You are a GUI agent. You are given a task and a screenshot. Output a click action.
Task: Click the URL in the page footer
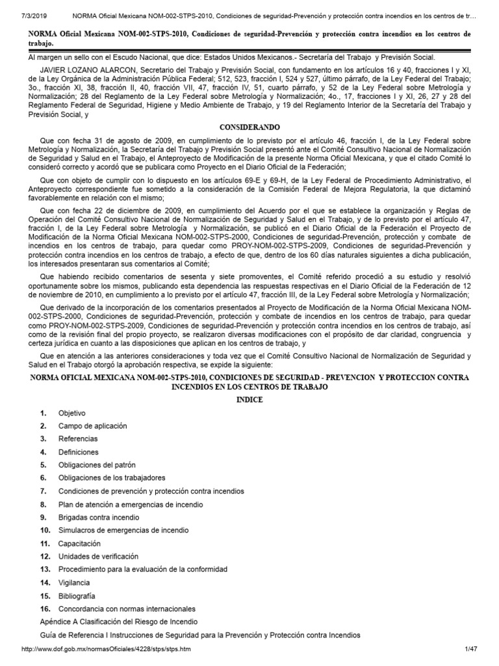(107, 650)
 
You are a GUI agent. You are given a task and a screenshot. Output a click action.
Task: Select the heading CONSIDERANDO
(249, 129)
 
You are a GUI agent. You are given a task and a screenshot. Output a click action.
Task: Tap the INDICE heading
(249, 399)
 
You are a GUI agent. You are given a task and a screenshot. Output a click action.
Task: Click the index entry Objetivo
(71, 413)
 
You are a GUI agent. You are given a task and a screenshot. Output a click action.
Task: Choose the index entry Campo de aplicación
(92, 426)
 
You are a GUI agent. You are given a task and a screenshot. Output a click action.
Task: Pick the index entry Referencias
(77, 439)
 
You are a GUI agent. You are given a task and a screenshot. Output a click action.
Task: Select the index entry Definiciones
(78, 452)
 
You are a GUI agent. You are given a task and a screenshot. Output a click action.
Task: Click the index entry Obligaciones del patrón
(99, 465)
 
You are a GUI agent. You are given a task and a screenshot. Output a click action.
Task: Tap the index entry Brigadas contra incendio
(98, 518)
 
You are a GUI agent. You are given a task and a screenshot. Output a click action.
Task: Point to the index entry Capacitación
(79, 544)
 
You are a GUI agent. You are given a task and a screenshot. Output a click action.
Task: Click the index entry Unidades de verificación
(98, 557)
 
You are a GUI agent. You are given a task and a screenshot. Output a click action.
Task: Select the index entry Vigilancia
(74, 583)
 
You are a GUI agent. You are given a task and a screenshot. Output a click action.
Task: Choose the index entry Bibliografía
(77, 596)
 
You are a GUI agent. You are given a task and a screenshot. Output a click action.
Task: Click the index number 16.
(45, 609)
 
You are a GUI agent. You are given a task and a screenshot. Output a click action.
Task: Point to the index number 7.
(43, 491)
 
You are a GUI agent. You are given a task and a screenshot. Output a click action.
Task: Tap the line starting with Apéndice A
(118, 622)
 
